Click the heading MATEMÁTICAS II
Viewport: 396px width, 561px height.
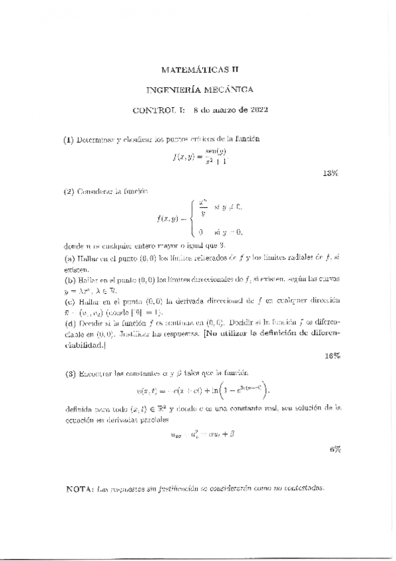click(x=199, y=69)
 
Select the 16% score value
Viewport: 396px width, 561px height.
click(x=333, y=356)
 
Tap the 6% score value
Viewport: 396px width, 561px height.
click(x=335, y=449)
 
